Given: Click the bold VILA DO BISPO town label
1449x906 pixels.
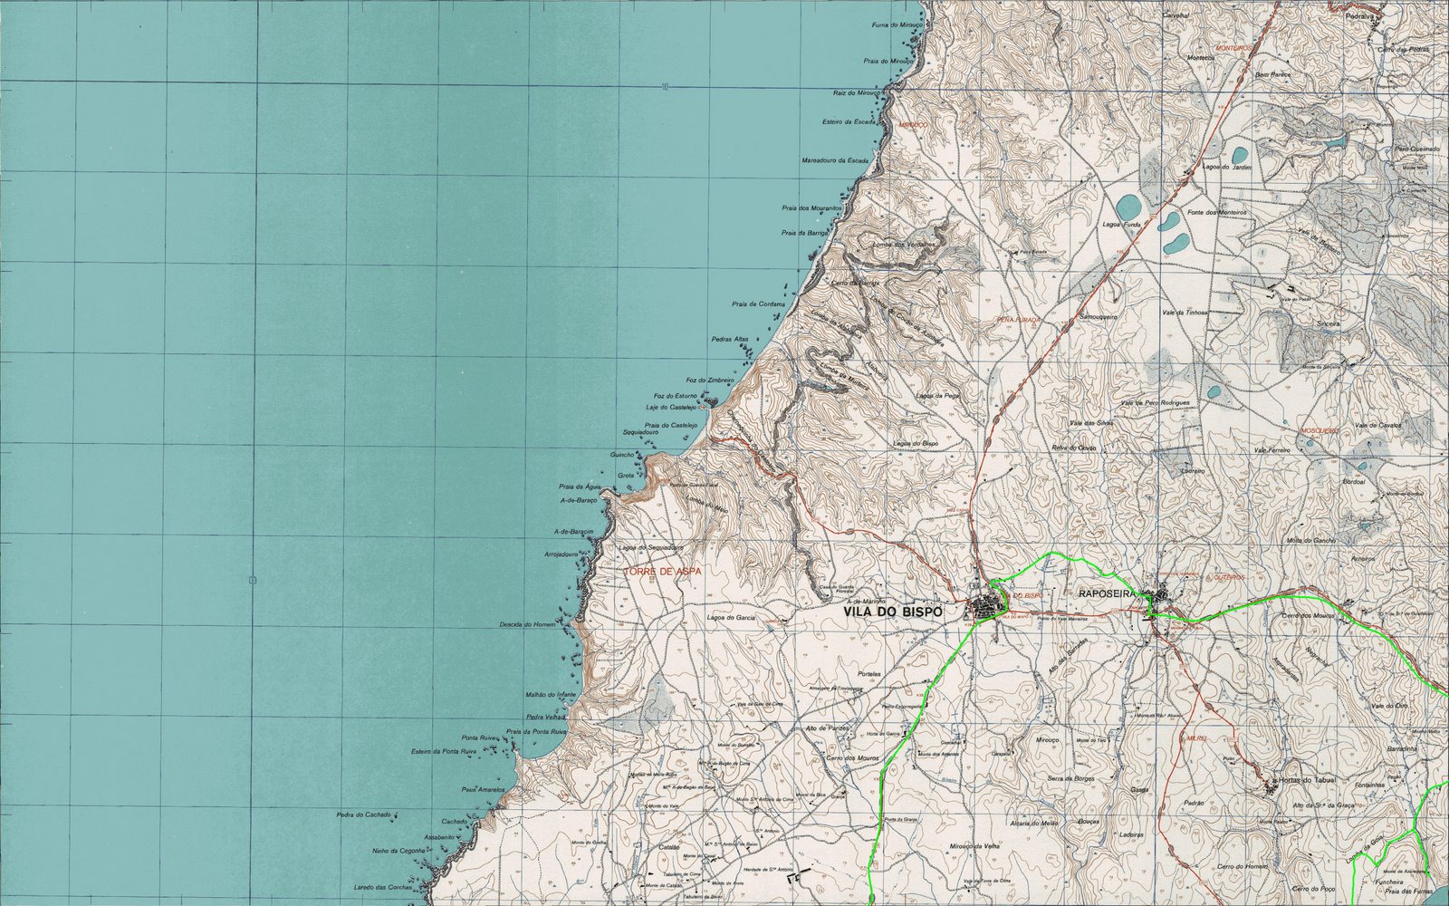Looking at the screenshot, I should (893, 612).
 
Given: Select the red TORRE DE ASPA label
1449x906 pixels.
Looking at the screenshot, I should (665, 572).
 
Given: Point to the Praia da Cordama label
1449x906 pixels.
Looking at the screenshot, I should (758, 304).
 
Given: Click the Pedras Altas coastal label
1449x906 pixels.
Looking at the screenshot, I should (730, 339).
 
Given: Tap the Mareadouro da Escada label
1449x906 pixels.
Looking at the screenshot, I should (835, 160).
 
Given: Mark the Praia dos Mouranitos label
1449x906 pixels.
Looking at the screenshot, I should (811, 208).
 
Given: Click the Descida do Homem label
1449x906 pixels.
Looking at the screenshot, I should (527, 625).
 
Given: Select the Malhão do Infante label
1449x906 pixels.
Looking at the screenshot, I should (551, 695).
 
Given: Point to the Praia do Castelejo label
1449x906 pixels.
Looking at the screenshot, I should (670, 425).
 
